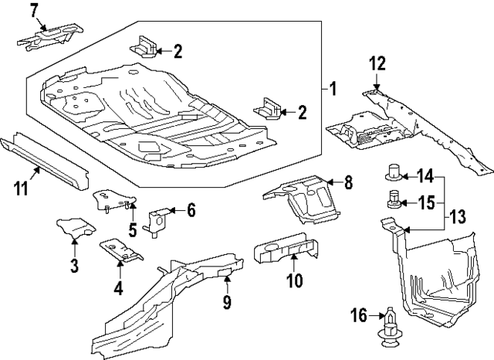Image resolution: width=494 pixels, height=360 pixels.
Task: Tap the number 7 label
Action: pos(33,10)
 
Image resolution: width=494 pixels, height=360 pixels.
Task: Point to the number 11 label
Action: pos(21,188)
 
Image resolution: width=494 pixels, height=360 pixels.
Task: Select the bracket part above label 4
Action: pos(120,249)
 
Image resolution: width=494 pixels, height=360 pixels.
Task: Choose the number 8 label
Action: pos(348,182)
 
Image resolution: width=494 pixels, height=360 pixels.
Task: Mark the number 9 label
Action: pos(227,302)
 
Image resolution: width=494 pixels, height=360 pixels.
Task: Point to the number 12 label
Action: pos(376,63)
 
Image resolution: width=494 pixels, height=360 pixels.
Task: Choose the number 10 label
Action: pos(295,282)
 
